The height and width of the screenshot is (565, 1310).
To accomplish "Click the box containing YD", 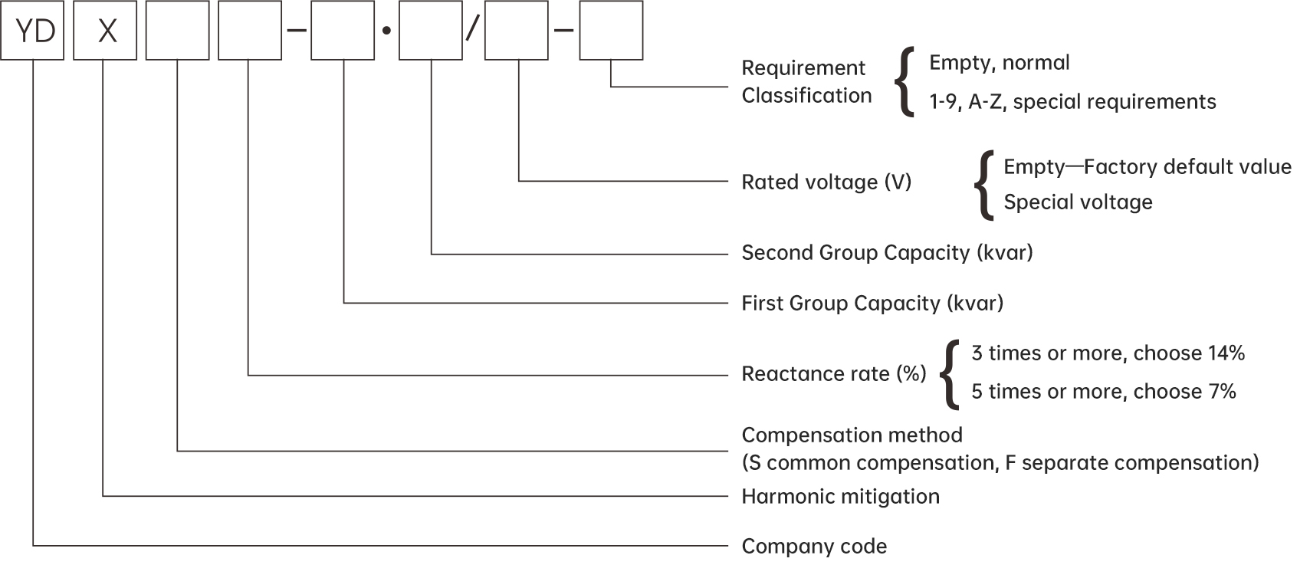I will pyautogui.click(x=32, y=31).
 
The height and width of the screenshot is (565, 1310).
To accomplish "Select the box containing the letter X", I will pyautogui.click(x=105, y=31).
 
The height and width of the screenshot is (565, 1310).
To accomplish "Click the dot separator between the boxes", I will pyautogui.click(x=386, y=31).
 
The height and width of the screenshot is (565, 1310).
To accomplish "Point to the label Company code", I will pyautogui.click(x=814, y=547).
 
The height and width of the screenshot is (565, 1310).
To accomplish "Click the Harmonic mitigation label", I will pyautogui.click(x=840, y=497).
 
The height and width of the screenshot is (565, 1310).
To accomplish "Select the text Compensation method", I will pyautogui.click(x=852, y=435).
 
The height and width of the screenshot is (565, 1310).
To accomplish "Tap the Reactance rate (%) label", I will pyautogui.click(x=834, y=374).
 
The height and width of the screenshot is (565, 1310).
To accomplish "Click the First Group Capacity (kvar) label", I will pyautogui.click(x=872, y=304).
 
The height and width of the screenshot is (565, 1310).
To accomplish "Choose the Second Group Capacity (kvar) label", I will pyautogui.click(x=887, y=253).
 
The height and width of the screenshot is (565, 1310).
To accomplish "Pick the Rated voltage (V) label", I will pyautogui.click(x=826, y=182).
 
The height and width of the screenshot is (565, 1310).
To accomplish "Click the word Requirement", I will pyautogui.click(x=803, y=68).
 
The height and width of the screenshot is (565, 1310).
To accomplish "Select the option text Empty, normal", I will pyautogui.click(x=1000, y=63).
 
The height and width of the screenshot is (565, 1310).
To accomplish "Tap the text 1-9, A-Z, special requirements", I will pyautogui.click(x=1072, y=102).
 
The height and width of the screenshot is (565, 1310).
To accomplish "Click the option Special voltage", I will pyautogui.click(x=1078, y=202).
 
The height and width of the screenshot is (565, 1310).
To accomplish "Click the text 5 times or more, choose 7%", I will pyautogui.click(x=1104, y=392).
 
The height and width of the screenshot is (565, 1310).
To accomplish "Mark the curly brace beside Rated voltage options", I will pyautogui.click(x=983, y=185).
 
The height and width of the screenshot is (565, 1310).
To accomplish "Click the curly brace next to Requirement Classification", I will pyautogui.click(x=905, y=82).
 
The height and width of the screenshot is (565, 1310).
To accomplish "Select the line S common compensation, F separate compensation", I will pyautogui.click(x=1000, y=463).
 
